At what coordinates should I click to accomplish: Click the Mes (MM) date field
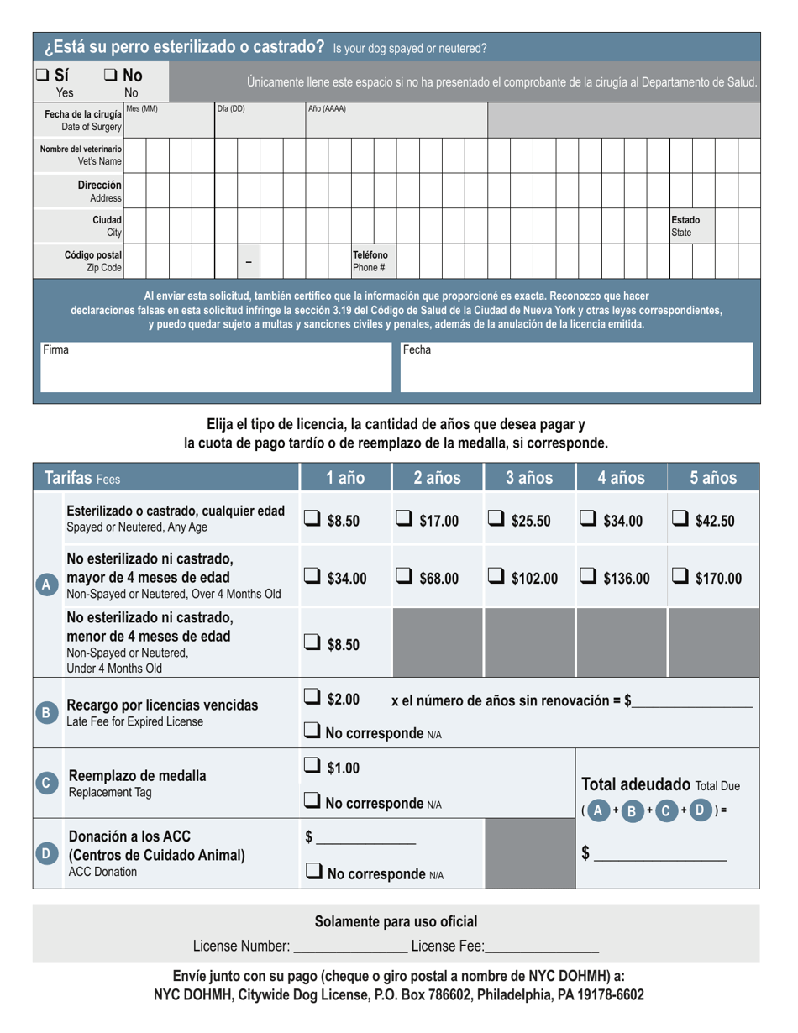pyautogui.click(x=168, y=119)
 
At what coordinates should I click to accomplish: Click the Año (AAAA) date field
pyautogui.click(x=395, y=119)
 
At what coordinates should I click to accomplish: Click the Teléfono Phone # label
pyautogui.click(x=370, y=261)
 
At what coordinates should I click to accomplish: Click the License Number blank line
pyautogui.click(x=350, y=946)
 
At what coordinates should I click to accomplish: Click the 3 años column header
pyautogui.click(x=529, y=478)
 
